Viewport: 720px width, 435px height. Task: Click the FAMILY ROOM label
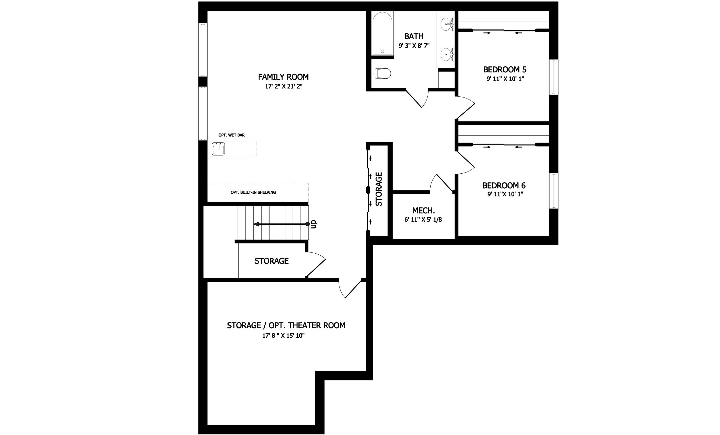coord(283,77)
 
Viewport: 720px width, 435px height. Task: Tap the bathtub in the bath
coord(382,33)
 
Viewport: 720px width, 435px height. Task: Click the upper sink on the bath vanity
coord(447,22)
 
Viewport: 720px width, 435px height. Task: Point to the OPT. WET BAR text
coord(232,135)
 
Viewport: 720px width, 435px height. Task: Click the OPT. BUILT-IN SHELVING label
coord(253,192)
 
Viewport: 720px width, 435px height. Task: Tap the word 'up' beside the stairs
coord(314,224)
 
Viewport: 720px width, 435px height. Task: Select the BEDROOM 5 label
coord(505,70)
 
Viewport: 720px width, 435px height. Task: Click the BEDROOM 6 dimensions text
coord(505,194)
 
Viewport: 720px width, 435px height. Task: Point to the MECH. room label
coord(423,211)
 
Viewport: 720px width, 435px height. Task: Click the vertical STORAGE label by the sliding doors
coord(379,189)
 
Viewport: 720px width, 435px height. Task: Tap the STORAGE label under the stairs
coord(272,261)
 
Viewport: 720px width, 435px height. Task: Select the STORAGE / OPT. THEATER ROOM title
coord(286,325)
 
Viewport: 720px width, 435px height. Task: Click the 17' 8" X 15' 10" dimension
coord(283,336)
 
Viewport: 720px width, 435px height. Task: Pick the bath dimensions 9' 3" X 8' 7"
coord(414,46)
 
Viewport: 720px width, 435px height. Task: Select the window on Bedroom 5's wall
coord(554,77)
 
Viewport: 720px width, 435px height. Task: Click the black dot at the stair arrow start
coord(307,224)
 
